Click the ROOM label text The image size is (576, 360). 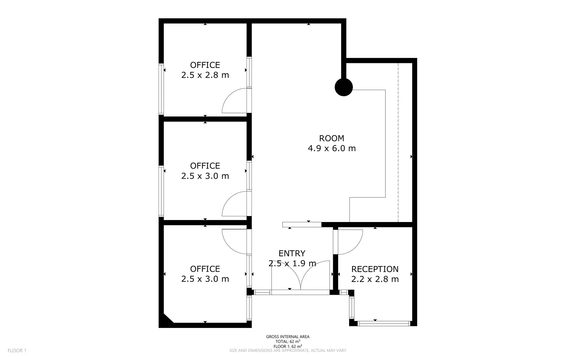pos(331,138)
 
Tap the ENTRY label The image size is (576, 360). pos(292,253)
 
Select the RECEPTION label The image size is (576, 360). pos(375,269)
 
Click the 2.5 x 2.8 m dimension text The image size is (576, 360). pos(205,75)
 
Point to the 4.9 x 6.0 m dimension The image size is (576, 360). pos(331,148)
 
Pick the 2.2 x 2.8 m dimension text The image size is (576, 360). pos(375,279)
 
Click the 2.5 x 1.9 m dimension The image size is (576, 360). pos(292,263)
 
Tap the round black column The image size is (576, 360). pos(343,87)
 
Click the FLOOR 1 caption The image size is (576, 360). pos(17,350)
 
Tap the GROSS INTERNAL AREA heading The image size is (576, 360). pos(288,337)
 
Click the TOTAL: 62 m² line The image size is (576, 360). pos(288,341)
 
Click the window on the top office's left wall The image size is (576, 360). pos(161,89)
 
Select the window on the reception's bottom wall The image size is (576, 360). pos(383,323)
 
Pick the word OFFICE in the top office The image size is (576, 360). pos(205,65)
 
